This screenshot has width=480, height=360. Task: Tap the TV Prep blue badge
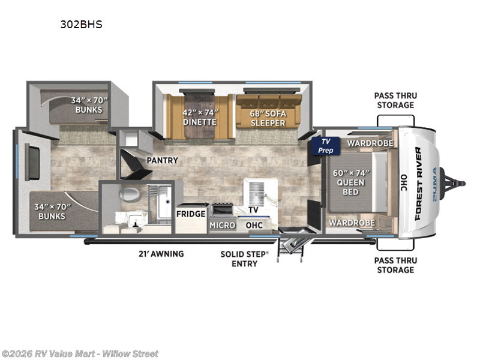pyautogui.click(x=325, y=146)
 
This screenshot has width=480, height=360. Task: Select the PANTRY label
pyautogui.click(x=160, y=161)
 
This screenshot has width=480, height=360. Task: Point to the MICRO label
pyautogui.click(x=221, y=225)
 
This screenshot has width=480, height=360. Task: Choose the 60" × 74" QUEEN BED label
pyautogui.click(x=350, y=182)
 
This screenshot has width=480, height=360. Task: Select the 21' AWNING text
pyautogui.click(x=161, y=254)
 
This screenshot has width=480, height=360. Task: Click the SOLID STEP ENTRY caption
pyautogui.click(x=244, y=259)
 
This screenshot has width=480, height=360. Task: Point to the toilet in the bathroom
pyautogui.click(x=128, y=194)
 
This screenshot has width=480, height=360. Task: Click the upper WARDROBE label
pyautogui.click(x=370, y=143)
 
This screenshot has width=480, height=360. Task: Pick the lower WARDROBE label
pyautogui.click(x=352, y=223)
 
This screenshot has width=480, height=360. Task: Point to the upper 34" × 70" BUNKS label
pyautogui.click(x=88, y=105)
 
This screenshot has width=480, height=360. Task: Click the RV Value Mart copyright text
pyautogui.click(x=80, y=353)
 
